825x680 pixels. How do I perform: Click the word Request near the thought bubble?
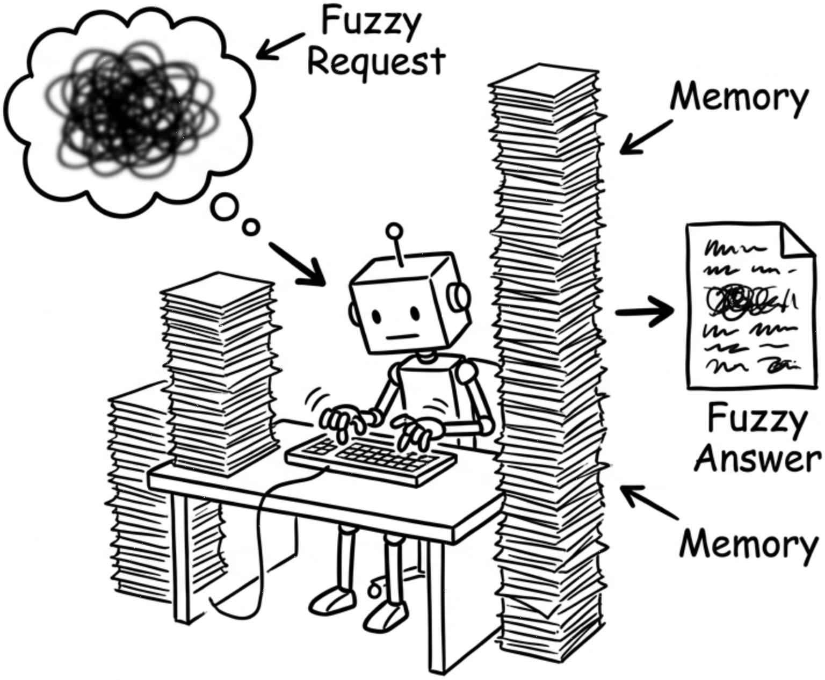376,62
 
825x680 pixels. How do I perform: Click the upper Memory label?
739,98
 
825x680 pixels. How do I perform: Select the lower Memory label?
748,544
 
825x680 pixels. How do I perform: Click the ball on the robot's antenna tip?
395,231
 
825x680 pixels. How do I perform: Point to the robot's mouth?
402,337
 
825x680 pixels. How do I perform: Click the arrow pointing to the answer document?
645,312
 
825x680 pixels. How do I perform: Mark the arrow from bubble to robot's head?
298,264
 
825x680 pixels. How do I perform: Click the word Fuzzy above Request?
371,23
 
